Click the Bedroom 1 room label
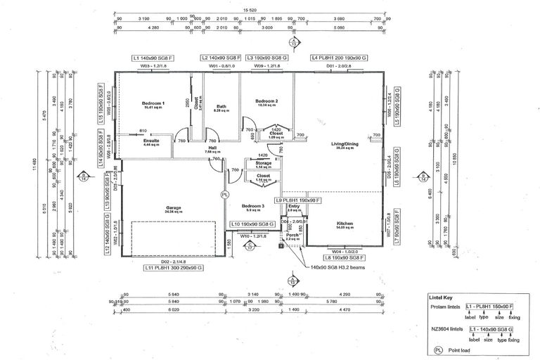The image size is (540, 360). point(153,104)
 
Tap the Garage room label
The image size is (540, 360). point(174,208)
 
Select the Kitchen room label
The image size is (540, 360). point(344,224)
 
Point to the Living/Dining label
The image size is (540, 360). point(346,143)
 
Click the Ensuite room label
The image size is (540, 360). point(151,141)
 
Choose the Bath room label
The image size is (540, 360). point(221,107)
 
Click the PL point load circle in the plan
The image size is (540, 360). point(225,194)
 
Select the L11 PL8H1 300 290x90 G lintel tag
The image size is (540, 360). point(173,268)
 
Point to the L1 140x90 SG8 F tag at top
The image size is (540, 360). point(153,58)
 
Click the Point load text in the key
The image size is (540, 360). point(459,348)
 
